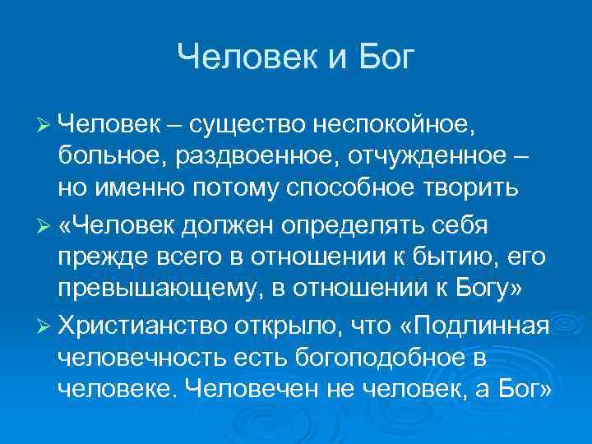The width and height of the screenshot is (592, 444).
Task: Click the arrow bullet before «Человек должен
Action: coord(45,223)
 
